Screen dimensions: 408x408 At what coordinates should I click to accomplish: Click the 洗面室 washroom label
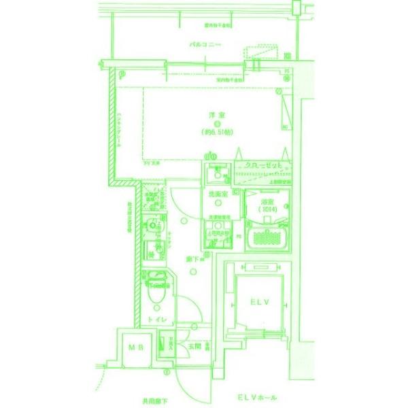pos(216,195)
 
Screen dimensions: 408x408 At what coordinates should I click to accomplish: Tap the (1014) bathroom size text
pos(266,210)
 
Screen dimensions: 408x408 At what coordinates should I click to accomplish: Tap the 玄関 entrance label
pos(194,346)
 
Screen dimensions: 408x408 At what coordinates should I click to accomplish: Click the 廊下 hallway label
pos(192,259)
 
